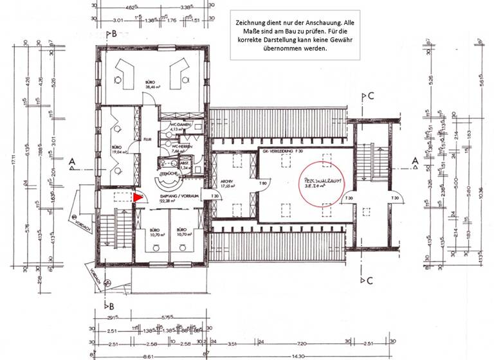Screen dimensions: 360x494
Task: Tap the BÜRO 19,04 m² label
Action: (x=117, y=150)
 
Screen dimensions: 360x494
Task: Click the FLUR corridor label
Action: (x=147, y=138)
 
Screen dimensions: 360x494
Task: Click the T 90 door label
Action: (x=263, y=183)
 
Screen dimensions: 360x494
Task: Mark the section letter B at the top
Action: (x=114, y=33)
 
